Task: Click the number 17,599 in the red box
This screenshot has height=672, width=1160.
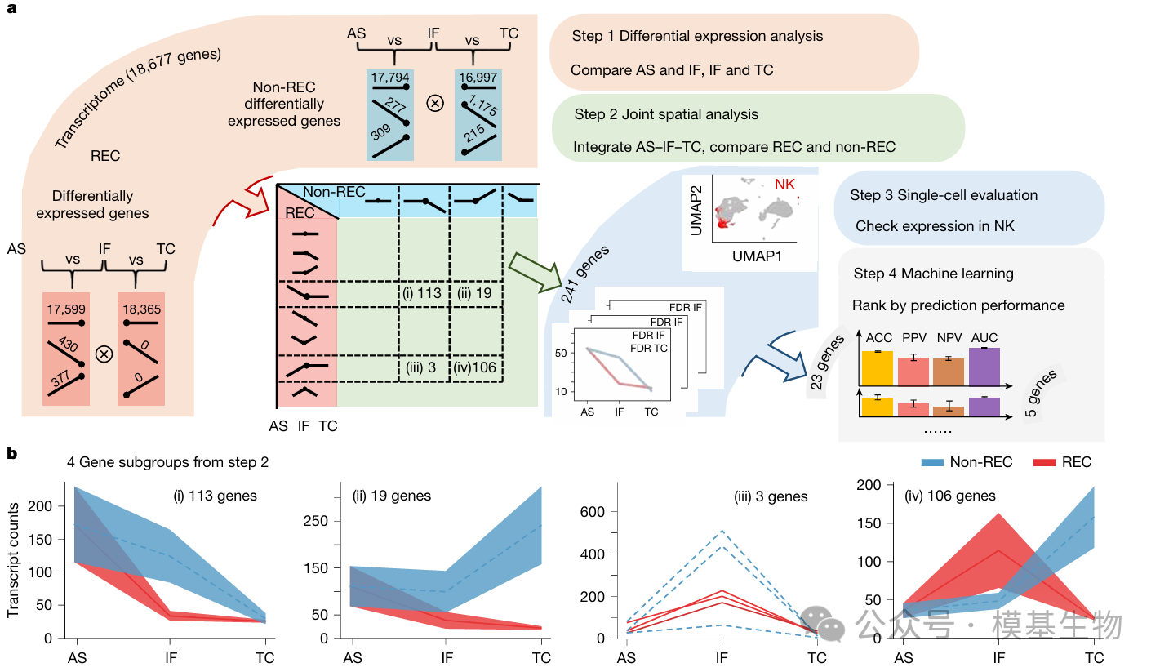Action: click(67, 309)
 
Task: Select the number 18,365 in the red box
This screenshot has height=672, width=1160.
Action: click(141, 309)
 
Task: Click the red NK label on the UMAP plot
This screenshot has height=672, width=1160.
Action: click(784, 185)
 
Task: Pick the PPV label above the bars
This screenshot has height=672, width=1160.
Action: click(913, 337)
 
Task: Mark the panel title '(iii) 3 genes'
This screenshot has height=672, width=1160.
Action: click(770, 496)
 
